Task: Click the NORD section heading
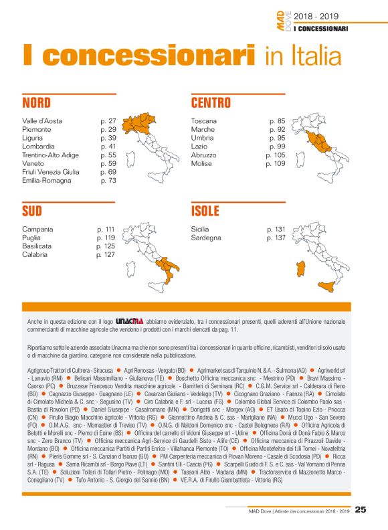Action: (x=36, y=103)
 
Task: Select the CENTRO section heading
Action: (x=211, y=103)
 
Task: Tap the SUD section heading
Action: (x=31, y=211)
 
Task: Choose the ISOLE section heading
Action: (x=205, y=211)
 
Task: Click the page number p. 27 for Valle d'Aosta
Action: (x=108, y=121)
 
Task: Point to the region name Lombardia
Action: (x=38, y=146)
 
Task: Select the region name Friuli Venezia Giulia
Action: (x=50, y=172)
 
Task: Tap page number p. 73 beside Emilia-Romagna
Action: (x=108, y=181)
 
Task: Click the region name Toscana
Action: (x=204, y=121)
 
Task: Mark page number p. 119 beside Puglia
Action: (x=106, y=238)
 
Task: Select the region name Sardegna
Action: (x=207, y=238)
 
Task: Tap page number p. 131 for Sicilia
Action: (x=276, y=229)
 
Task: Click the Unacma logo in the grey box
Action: (x=128, y=321)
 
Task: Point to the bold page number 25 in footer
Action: (x=361, y=510)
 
